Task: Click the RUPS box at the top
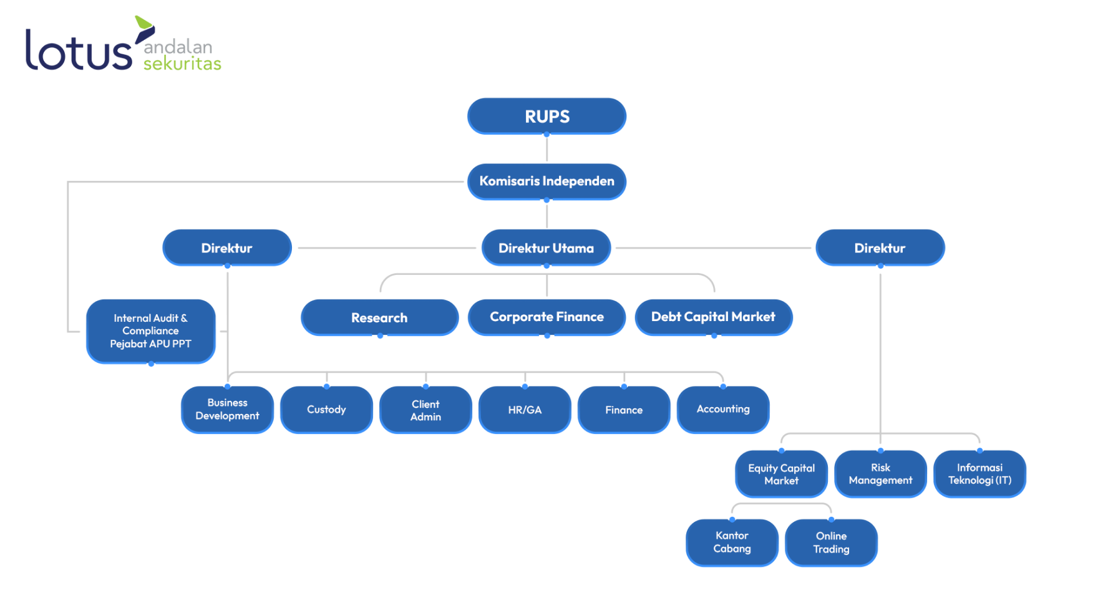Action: coord(546,116)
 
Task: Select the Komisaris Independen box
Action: coord(546,181)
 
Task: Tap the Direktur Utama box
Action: coord(546,248)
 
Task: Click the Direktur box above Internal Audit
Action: coord(227,248)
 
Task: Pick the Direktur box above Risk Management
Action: coord(880,248)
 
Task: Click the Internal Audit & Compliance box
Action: coord(151,331)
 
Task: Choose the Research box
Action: coord(379,317)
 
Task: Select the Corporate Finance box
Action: coord(546,317)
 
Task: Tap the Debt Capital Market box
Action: coord(713,317)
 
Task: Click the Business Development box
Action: coord(227,410)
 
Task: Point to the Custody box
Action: coord(326,410)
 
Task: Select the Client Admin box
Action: coord(425,410)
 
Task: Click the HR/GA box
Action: coord(525,410)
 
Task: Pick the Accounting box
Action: coord(723,410)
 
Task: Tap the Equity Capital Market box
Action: coord(781,474)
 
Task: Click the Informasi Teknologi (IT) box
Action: coord(979,474)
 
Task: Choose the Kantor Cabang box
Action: coord(732,542)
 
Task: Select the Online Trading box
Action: coord(831,542)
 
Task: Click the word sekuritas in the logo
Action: coord(182,64)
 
